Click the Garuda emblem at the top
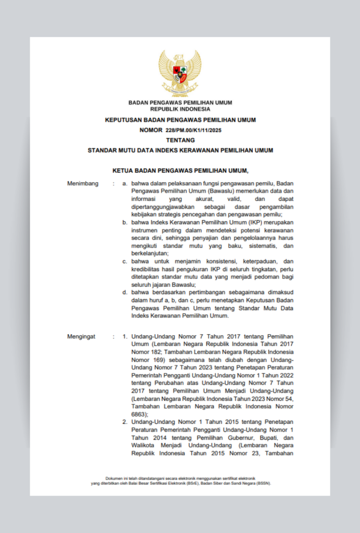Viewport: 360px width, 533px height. [x=180, y=73]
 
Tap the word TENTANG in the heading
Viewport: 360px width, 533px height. [x=180, y=140]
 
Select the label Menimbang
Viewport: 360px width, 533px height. [x=83, y=184]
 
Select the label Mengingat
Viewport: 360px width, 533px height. [x=81, y=337]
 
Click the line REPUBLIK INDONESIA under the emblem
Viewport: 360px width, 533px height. [x=180, y=109]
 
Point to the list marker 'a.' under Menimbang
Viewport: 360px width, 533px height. [x=125, y=184]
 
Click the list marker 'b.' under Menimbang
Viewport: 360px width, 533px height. [x=125, y=222]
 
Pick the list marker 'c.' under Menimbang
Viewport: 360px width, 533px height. [x=125, y=261]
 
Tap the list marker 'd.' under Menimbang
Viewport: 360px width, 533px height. [x=125, y=292]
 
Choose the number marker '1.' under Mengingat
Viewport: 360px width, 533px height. [x=125, y=337]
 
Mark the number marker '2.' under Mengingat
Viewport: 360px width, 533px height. [x=125, y=422]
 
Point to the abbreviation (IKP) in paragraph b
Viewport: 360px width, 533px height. [x=251, y=222]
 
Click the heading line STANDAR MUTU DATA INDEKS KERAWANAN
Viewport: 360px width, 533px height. [x=180, y=150]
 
